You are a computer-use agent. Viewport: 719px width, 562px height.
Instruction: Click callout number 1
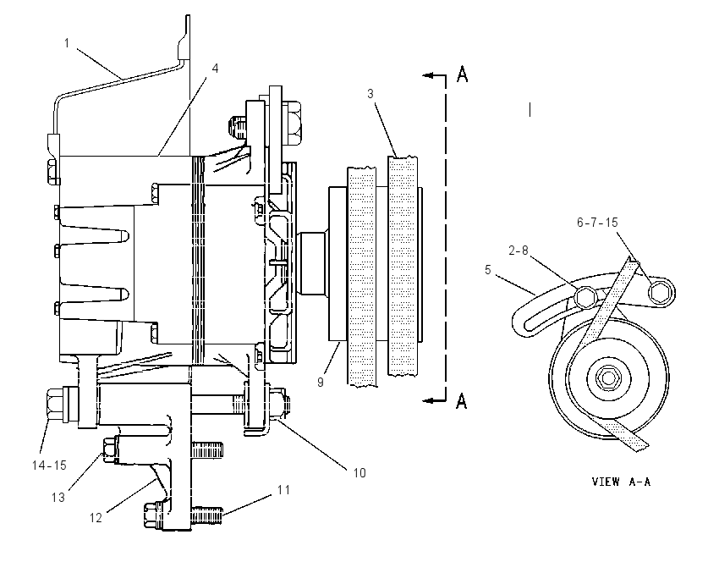pyautogui.click(x=67, y=43)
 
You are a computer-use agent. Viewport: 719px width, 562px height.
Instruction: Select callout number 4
pyautogui.click(x=215, y=69)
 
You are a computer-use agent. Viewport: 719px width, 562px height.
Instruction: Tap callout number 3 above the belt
pyautogui.click(x=370, y=94)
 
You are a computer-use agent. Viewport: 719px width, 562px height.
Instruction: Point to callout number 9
pyautogui.click(x=321, y=382)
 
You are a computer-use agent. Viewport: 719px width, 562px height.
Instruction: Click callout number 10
pyautogui.click(x=359, y=472)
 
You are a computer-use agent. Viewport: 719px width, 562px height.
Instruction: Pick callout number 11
pyautogui.click(x=284, y=490)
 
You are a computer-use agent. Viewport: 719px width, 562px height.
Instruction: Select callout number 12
pyautogui.click(x=96, y=518)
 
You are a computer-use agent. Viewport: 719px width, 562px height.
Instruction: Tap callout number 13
pyautogui.click(x=58, y=498)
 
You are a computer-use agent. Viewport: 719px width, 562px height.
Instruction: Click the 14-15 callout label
pyautogui.click(x=49, y=466)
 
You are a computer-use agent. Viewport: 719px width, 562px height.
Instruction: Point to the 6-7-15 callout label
pyautogui.click(x=597, y=223)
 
